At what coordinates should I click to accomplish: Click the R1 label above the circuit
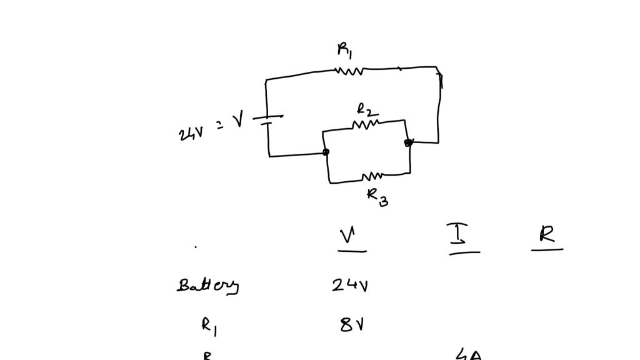[x=344, y=49]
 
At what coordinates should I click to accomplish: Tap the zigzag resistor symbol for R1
[x=349, y=71]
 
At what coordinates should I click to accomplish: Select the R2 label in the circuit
[x=366, y=111]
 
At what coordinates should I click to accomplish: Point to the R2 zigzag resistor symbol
[x=366, y=125]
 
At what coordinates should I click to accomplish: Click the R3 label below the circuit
[x=377, y=196]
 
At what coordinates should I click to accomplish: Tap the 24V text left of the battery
[x=189, y=132]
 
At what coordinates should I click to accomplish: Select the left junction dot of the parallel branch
[x=326, y=152]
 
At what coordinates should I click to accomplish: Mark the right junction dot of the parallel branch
[x=408, y=142]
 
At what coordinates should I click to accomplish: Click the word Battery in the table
[x=207, y=286]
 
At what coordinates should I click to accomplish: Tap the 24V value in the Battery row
[x=350, y=286]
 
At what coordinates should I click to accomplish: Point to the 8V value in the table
[x=352, y=324]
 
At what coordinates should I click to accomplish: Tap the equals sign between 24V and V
[x=219, y=125]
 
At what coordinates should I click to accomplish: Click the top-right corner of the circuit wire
[x=437, y=68]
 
